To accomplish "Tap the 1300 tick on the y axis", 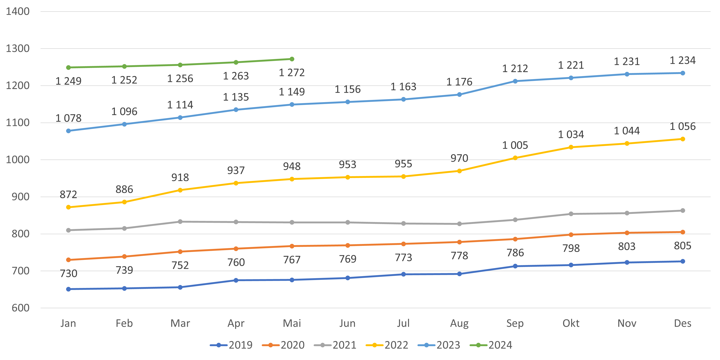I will [x=18, y=49].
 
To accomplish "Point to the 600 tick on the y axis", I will [x=20, y=308].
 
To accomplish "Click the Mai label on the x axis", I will [x=292, y=323].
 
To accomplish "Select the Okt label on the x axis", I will [x=571, y=323].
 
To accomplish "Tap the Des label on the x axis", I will [x=683, y=323].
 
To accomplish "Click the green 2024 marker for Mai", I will [x=292, y=59].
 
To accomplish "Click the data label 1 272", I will [x=292, y=73].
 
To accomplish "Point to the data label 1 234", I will [x=683, y=60].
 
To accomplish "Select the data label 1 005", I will [x=515, y=145].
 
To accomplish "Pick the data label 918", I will [x=180, y=178].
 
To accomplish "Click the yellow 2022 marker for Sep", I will [x=515, y=158].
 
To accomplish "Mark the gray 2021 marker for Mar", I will [x=180, y=222].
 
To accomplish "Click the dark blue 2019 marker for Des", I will [x=683, y=261].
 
